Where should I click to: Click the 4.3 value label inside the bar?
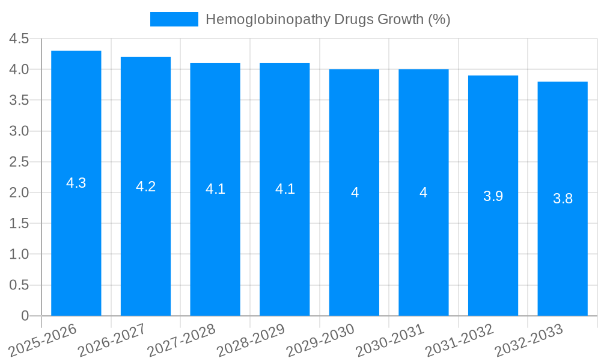tap(76, 184)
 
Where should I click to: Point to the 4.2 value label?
tap(146, 187)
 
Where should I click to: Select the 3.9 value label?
tap(493, 196)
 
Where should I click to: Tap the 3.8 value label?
tap(563, 199)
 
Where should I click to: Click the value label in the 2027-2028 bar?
tap(215, 190)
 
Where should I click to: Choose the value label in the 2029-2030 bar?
tap(355, 193)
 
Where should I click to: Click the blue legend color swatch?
tap(174, 19)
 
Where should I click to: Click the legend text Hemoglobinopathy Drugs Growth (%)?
tap(328, 19)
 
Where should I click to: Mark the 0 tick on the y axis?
tap(25, 316)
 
